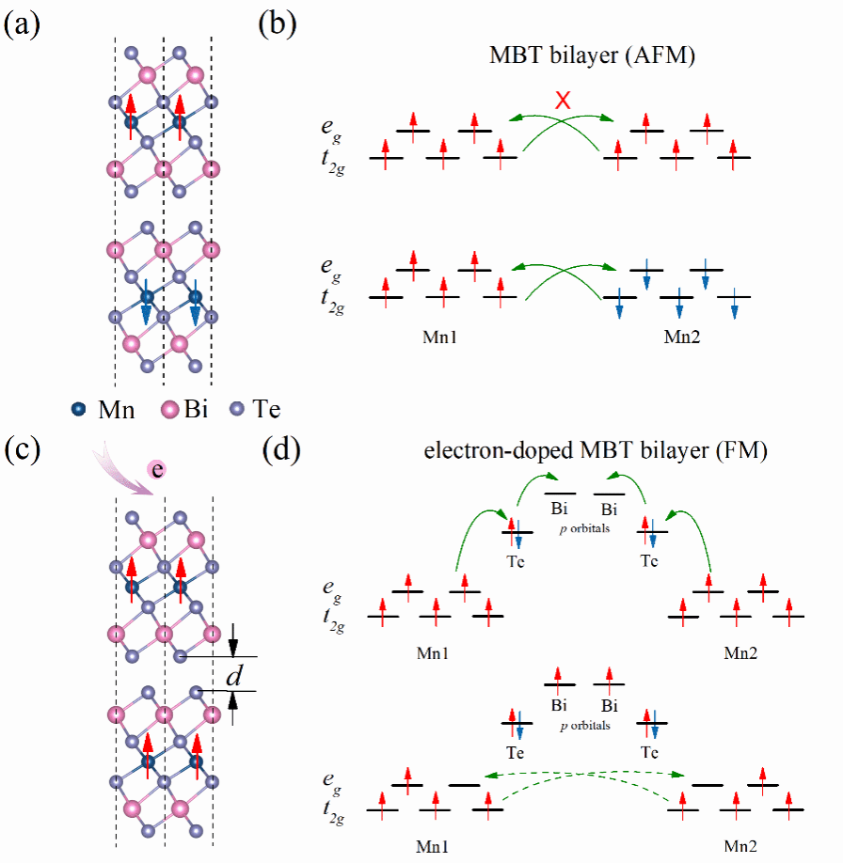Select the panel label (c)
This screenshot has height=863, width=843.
click(x=22, y=450)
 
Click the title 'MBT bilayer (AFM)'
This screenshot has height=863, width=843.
click(x=592, y=55)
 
